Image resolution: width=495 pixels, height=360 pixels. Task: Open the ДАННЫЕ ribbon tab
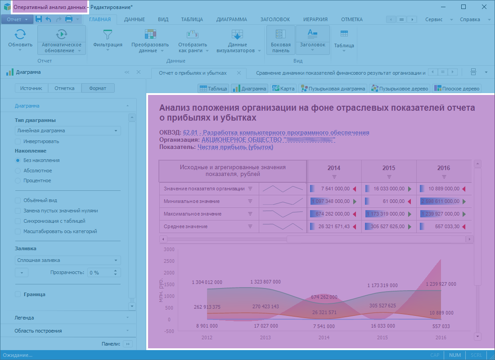pos(134,19)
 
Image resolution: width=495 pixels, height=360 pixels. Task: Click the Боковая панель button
pos(281,40)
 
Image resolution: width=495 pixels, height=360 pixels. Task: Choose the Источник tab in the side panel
pos(31,88)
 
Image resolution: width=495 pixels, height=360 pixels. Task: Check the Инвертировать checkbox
pos(18,141)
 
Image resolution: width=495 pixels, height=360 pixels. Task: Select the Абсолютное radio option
pos(18,171)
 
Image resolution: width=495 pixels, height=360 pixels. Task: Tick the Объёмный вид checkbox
pos(18,200)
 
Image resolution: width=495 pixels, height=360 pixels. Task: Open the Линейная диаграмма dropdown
pos(67,130)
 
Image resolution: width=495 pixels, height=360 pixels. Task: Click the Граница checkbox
pos(18,294)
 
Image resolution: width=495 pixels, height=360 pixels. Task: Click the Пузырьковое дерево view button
pos(399,89)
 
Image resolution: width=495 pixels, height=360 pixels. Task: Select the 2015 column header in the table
pos(389,168)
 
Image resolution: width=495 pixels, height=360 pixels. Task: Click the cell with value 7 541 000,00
pos(335,189)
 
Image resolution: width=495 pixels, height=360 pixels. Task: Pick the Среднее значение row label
pos(185,226)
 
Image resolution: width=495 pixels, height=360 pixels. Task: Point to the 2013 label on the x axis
pos(265,337)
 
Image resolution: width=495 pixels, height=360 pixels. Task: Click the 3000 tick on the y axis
pos(169,249)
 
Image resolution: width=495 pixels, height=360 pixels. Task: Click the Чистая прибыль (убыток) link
pos(235,147)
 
